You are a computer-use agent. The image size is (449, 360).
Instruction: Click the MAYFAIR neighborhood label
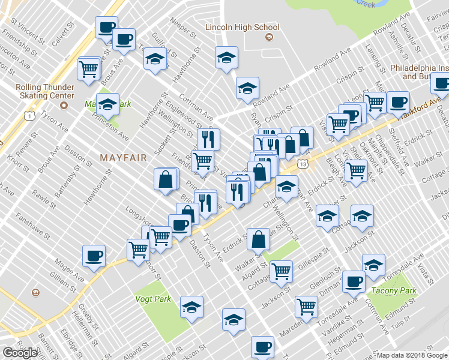coord(123,158)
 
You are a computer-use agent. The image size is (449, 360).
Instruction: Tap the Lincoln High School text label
coord(242,27)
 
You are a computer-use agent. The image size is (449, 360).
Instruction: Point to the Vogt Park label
coord(154,299)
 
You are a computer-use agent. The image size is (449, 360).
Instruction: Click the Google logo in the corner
coord(20,353)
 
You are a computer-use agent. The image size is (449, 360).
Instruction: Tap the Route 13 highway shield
coord(304,164)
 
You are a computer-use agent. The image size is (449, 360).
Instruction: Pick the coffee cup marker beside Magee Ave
coord(94,256)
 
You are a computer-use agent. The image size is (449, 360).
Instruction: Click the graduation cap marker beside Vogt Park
coord(191,308)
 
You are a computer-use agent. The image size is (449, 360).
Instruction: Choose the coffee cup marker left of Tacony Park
coord(354,281)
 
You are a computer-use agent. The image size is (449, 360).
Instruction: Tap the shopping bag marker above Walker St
coord(258,239)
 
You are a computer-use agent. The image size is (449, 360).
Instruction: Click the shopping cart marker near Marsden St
coord(306,307)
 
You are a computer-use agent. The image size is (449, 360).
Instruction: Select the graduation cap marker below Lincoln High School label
coord(226,58)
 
